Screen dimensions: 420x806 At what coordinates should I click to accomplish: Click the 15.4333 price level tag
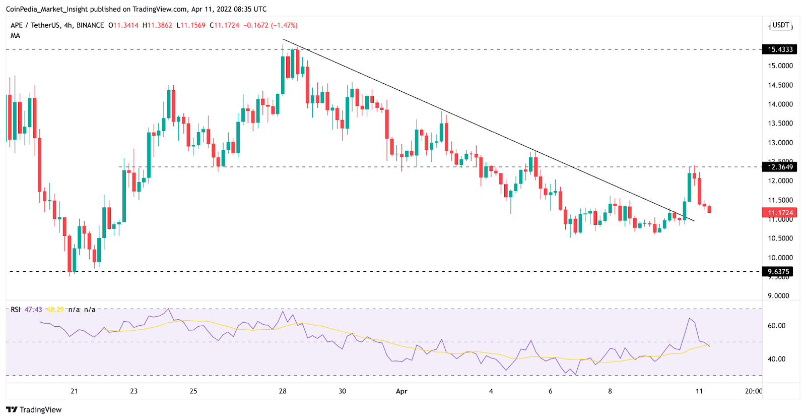tap(780, 49)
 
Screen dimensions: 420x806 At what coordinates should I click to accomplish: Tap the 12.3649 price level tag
tap(780, 167)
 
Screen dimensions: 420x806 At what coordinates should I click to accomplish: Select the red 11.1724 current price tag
tap(780, 213)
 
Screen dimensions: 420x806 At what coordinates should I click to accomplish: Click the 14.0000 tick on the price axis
tap(780, 104)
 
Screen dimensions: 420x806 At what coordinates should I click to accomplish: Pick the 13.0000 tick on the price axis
tap(780, 143)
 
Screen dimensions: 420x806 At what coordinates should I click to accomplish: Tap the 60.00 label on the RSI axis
tap(776, 326)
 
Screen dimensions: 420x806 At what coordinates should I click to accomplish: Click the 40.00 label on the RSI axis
tap(776, 359)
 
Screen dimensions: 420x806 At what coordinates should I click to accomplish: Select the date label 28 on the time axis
tap(283, 391)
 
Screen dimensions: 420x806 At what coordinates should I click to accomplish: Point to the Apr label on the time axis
tap(401, 391)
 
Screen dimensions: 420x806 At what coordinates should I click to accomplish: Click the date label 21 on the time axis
tap(74, 391)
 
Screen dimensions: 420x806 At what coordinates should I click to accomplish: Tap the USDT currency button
tap(781, 25)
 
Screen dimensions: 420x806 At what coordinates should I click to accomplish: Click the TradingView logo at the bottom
tap(34, 409)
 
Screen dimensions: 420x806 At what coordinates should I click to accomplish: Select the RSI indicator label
tap(16, 310)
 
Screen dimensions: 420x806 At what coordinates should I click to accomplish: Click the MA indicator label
tap(16, 36)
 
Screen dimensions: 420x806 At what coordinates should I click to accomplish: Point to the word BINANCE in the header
tap(90, 25)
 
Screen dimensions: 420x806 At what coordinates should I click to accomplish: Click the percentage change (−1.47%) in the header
tap(284, 25)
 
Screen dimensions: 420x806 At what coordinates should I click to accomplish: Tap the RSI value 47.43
tap(33, 310)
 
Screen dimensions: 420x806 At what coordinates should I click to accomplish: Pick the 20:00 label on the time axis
tap(753, 391)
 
